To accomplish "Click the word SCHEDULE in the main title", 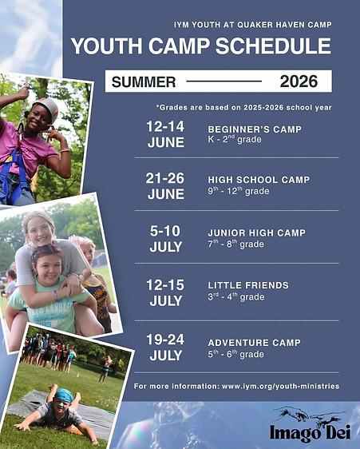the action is click(273, 46).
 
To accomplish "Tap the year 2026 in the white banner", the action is click(299, 81).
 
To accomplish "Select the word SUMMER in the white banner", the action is click(144, 82).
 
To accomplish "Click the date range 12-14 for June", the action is click(165, 126).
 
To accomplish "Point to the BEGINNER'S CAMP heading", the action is click(255, 129).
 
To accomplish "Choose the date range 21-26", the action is click(164, 178).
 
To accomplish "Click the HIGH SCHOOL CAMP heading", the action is click(259, 180).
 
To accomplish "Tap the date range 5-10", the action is click(165, 231).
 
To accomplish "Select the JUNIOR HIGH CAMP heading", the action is click(257, 232).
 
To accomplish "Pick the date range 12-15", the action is click(165, 285).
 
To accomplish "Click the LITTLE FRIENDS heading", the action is click(248, 285).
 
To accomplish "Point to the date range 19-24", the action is click(165, 340).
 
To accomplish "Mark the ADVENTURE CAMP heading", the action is click(254, 343).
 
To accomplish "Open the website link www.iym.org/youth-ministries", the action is click(280, 387).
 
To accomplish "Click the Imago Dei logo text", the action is click(311, 432).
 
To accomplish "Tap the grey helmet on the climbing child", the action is click(48, 107).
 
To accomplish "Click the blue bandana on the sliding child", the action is click(64, 395).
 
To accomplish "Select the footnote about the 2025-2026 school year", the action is click(243, 108).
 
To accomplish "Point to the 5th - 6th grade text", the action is click(235, 354).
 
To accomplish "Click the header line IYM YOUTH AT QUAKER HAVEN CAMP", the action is click(253, 25).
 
